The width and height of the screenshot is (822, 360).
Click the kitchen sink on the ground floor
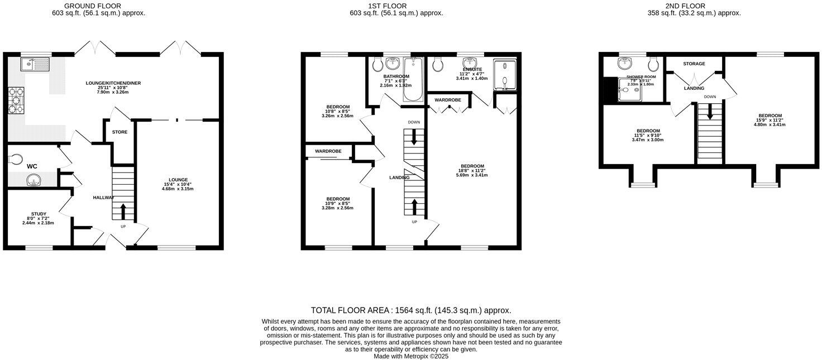(x=35, y=64)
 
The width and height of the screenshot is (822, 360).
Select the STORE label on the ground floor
(x=120, y=132)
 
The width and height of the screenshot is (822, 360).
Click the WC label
(x=32, y=166)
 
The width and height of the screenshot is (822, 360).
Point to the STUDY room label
(x=39, y=214)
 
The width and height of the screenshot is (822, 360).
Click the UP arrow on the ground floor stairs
(x=123, y=212)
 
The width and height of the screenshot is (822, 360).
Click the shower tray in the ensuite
(x=505, y=74)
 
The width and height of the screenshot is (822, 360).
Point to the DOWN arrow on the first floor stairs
(x=414, y=136)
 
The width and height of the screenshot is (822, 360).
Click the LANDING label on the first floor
(x=399, y=177)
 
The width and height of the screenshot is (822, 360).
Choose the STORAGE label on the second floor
(x=694, y=64)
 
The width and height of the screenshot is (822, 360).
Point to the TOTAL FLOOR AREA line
(x=411, y=310)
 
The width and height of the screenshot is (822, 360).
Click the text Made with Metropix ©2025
(x=411, y=356)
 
